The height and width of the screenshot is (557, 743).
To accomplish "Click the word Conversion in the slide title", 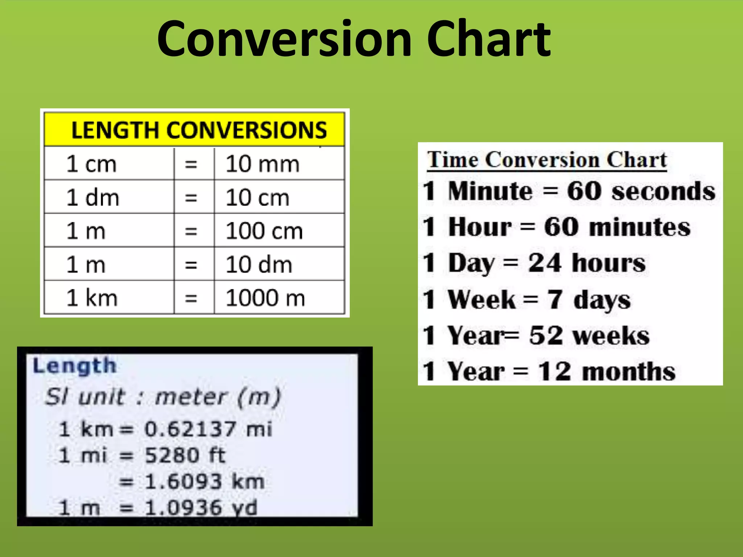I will click(x=285, y=39).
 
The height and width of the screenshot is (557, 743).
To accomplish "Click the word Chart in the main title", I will click(x=489, y=39).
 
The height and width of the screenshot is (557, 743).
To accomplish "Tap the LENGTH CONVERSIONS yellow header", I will click(x=199, y=130).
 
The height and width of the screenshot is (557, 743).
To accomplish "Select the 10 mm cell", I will click(x=263, y=164).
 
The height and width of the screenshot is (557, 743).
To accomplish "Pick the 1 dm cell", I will click(x=93, y=198).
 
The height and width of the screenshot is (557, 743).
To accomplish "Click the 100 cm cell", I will click(x=264, y=231).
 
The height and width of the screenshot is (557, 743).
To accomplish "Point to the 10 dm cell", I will click(x=259, y=264).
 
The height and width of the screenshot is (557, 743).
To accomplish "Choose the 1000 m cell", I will click(x=265, y=298).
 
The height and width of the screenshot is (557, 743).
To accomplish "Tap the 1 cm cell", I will click(x=91, y=164).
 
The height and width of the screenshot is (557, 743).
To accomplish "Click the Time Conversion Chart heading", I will click(x=547, y=160).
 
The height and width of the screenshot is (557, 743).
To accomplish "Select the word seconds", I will click(x=663, y=191).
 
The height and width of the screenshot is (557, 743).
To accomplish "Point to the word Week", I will click(x=481, y=300).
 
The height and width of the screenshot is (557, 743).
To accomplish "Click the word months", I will click(x=629, y=372).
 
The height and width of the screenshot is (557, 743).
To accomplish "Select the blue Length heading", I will click(x=75, y=366).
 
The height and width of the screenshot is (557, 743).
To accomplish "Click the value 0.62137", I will click(x=190, y=429).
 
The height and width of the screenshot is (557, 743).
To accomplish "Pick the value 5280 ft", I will click(x=185, y=455).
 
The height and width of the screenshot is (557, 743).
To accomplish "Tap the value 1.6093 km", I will click(x=204, y=482).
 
